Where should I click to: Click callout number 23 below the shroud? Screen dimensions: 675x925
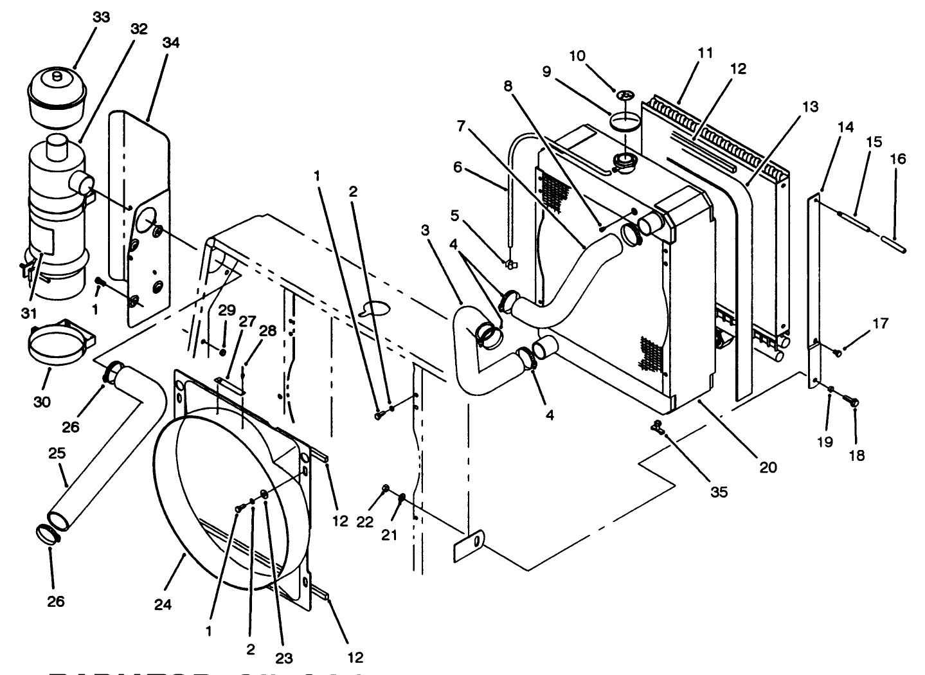coord(284,658)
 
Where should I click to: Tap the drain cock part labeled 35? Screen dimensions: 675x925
coord(656,425)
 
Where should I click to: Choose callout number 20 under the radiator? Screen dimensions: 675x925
coord(768,467)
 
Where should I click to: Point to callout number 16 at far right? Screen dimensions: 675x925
coord(898,158)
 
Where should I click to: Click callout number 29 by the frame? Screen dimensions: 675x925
coord(226,309)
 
